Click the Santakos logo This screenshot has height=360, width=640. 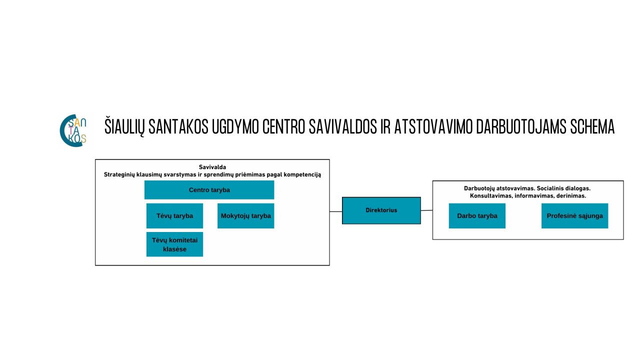(x=73, y=130)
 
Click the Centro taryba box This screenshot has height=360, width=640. (x=209, y=189)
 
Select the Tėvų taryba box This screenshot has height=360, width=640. (x=174, y=215)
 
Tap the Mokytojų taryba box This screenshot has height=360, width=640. (x=245, y=215)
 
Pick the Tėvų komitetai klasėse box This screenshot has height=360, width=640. (x=174, y=244)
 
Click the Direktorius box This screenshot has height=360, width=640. (x=381, y=210)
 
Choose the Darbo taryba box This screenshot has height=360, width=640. (x=477, y=215)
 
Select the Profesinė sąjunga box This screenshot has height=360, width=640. (x=575, y=215)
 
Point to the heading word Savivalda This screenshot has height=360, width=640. (x=212, y=167)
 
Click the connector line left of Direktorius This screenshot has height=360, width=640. (x=336, y=211)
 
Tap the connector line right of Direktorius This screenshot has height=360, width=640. (x=426, y=210)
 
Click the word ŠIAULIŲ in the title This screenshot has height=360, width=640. (x=124, y=126)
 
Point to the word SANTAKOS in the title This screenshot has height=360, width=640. (x=178, y=126)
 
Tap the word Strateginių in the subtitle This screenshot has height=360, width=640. (x=119, y=174)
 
